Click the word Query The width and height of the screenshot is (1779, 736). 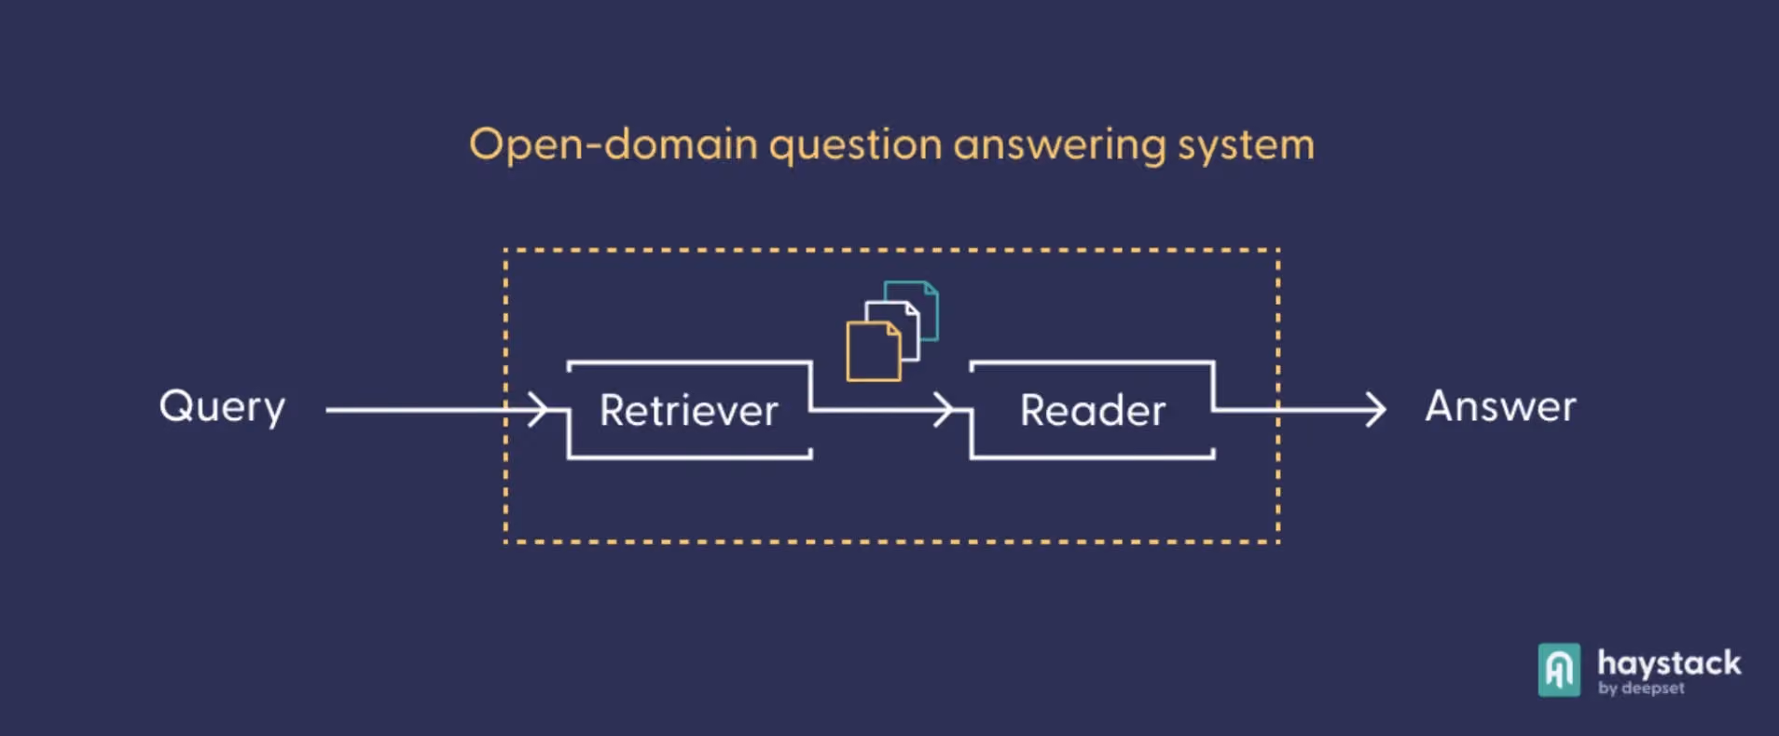click(222, 408)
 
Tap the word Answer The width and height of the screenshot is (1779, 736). click(1500, 406)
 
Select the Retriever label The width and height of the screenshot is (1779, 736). click(688, 410)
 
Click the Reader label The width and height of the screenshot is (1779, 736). click(1092, 410)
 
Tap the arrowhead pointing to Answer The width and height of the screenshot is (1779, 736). click(1375, 409)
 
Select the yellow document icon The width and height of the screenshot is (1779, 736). click(874, 351)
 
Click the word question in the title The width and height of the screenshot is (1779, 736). click(856, 145)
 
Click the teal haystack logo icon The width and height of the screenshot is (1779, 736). click(1559, 670)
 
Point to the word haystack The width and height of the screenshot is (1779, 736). click(1669, 664)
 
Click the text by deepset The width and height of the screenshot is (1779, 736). click(1641, 688)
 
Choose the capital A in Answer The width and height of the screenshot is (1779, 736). click(1442, 406)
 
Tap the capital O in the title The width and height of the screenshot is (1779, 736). click(486, 144)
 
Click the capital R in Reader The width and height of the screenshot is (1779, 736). click(1034, 410)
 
